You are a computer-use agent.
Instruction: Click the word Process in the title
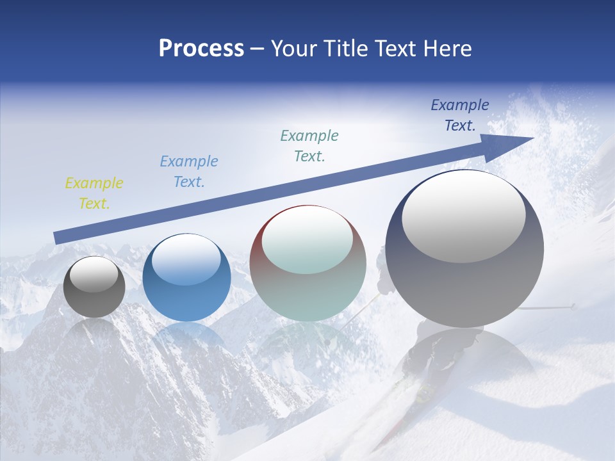point(201,49)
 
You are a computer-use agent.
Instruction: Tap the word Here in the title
point(448,49)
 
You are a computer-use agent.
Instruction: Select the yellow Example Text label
point(94,193)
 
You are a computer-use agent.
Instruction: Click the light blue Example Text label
point(189,172)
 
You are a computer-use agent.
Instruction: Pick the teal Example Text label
point(309,145)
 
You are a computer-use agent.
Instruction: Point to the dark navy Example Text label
point(460,115)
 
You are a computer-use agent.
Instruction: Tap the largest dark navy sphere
point(464,282)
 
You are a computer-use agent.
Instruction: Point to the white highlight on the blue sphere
point(186,260)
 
